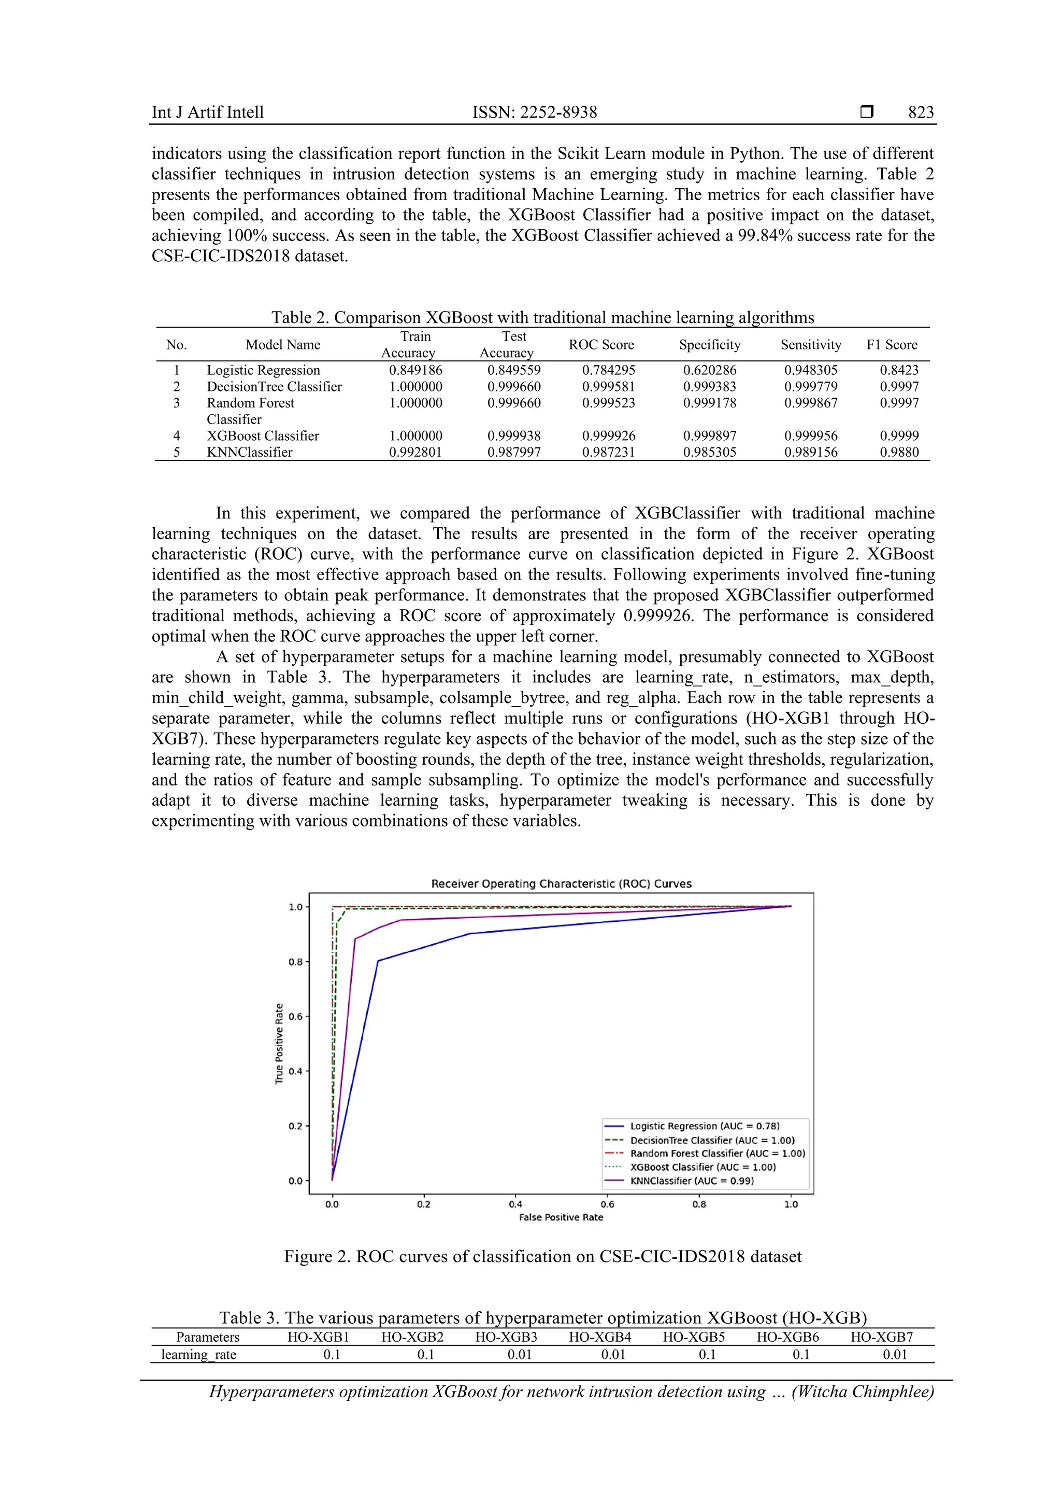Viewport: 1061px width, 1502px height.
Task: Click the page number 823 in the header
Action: point(921,113)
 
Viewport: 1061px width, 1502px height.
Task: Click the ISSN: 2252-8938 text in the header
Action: point(534,113)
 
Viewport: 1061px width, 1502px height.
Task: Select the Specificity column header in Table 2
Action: point(709,345)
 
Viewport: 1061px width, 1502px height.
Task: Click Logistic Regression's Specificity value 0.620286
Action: point(709,370)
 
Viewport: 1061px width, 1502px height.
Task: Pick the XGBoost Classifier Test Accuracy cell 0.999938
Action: point(514,436)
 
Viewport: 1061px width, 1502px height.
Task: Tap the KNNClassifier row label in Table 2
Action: point(249,452)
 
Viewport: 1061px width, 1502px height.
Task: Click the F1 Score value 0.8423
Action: point(899,370)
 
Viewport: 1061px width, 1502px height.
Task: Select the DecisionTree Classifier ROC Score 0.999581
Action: point(609,387)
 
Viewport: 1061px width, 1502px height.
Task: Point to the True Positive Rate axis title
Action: point(279,1044)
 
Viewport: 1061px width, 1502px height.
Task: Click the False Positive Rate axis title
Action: point(561,1217)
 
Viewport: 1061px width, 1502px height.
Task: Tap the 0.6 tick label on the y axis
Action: point(295,1017)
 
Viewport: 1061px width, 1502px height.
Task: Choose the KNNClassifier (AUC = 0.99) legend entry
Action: point(692,1181)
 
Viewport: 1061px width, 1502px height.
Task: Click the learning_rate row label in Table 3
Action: point(199,1355)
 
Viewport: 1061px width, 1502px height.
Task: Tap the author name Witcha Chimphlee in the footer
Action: point(863,1392)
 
